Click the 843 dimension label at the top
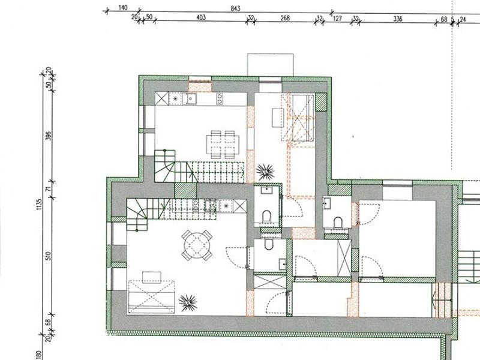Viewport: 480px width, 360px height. click(x=235, y=8)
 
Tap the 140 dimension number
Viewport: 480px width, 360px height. click(x=122, y=8)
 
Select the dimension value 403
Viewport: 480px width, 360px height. click(x=201, y=17)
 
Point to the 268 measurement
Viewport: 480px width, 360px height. click(x=285, y=18)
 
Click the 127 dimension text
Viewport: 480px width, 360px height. click(x=337, y=19)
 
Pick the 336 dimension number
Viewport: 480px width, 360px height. click(x=397, y=19)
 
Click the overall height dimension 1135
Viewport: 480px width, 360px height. click(x=38, y=204)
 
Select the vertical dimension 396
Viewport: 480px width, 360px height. click(x=49, y=136)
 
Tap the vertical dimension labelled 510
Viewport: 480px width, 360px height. click(x=49, y=256)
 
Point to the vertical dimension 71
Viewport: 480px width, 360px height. click(x=49, y=189)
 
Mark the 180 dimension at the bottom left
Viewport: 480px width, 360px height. click(x=38, y=355)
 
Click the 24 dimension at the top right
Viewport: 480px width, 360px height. click(x=463, y=20)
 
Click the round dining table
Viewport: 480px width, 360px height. click(x=197, y=245)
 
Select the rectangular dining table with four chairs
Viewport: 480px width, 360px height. click(x=223, y=144)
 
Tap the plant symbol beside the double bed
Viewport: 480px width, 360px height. click(x=188, y=303)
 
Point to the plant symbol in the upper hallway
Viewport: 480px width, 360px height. click(x=265, y=172)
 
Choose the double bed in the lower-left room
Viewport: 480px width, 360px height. click(x=151, y=296)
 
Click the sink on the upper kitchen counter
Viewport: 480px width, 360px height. click(x=189, y=98)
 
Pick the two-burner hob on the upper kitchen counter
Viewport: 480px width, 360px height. click(x=220, y=98)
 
